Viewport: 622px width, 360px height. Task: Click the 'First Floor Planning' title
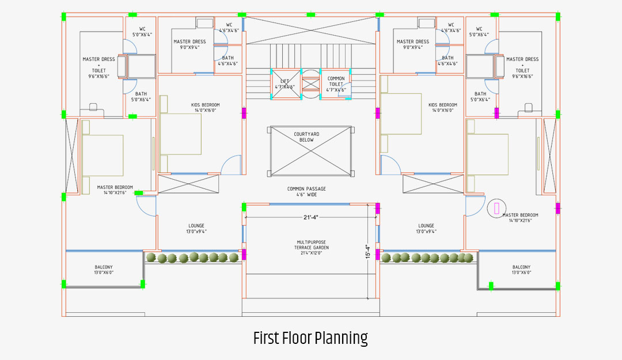310,338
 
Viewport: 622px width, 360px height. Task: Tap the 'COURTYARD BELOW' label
306,137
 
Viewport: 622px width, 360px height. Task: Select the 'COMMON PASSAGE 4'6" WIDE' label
306,192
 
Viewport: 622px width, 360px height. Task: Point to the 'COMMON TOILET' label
336,81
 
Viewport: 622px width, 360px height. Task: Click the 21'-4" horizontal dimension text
310,217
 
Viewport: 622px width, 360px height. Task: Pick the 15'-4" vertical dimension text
367,252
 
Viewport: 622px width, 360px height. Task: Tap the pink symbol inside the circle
496,208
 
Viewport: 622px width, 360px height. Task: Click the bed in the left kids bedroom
180,134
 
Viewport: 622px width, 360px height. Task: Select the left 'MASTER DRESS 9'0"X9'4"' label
189,44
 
